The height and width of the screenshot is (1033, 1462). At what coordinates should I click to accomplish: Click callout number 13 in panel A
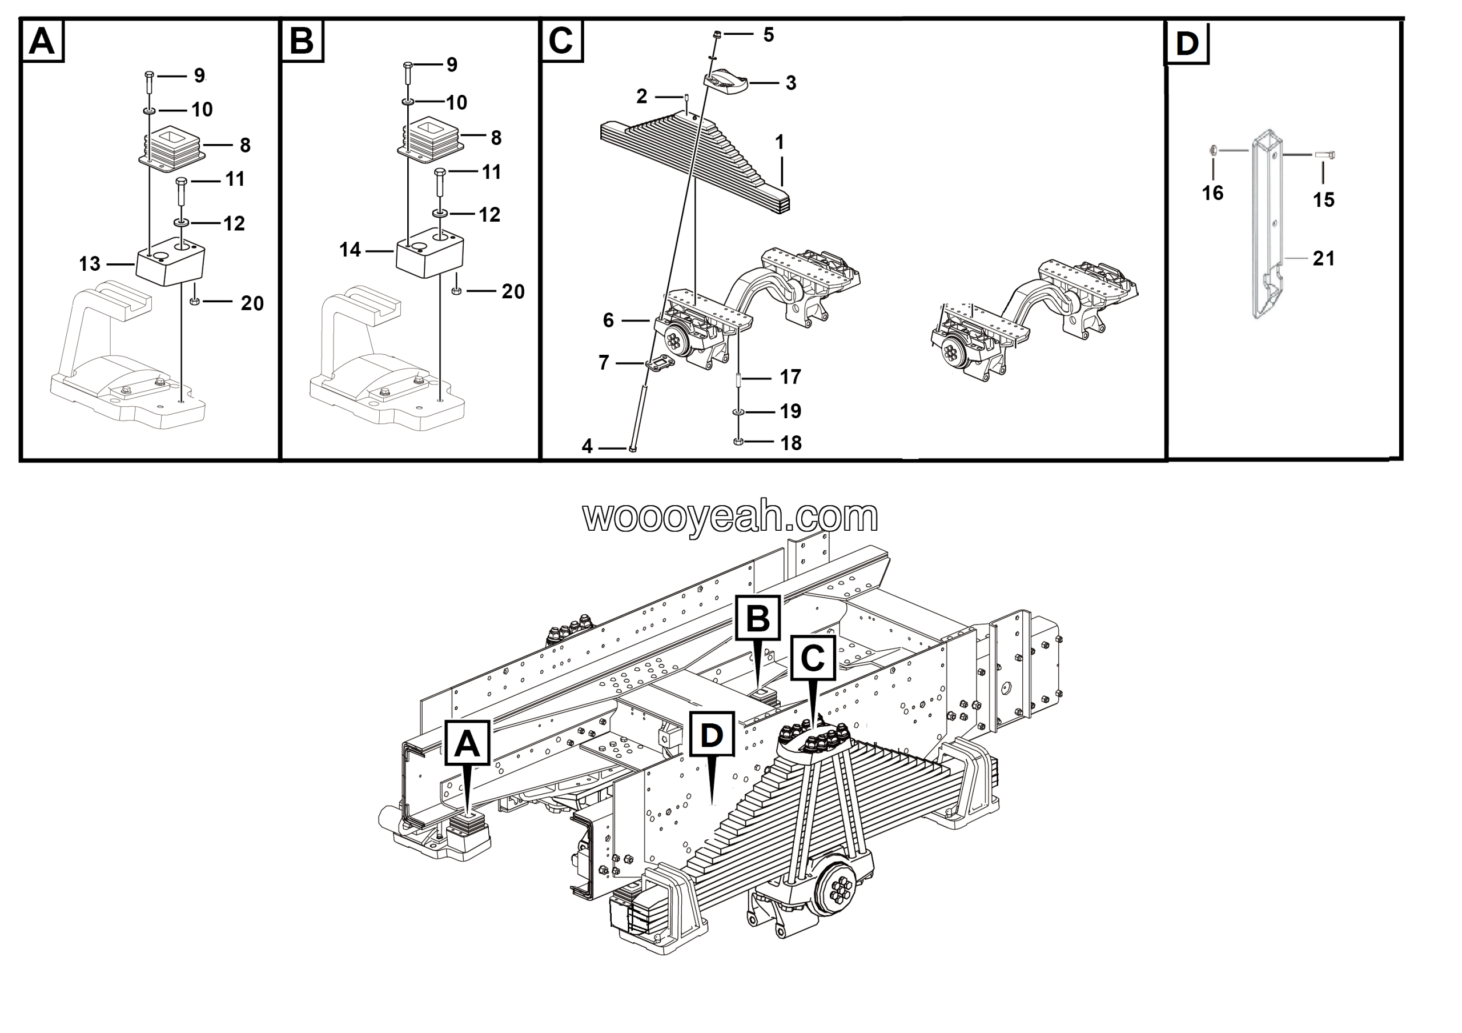[89, 265]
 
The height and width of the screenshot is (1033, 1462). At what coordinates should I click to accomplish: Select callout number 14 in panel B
[350, 250]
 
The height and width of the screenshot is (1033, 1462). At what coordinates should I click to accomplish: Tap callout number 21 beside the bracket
[1323, 259]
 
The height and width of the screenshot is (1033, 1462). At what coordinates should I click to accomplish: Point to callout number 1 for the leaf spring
[780, 143]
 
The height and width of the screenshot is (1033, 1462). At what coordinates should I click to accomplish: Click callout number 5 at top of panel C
[769, 35]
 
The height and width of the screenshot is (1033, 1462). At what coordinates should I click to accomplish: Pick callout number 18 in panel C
[791, 443]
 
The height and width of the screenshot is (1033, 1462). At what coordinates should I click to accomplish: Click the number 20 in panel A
[252, 303]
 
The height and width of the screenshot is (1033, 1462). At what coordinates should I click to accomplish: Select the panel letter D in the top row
[1187, 43]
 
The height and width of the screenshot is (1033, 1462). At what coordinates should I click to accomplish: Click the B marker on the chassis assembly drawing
[758, 618]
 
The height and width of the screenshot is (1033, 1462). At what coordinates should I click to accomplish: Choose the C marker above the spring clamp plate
[813, 658]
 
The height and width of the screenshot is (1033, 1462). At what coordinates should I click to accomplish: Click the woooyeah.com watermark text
[730, 516]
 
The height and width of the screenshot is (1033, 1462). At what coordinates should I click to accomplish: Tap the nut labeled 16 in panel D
[1214, 150]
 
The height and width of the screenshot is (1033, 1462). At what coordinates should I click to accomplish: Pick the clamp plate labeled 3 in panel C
[726, 82]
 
